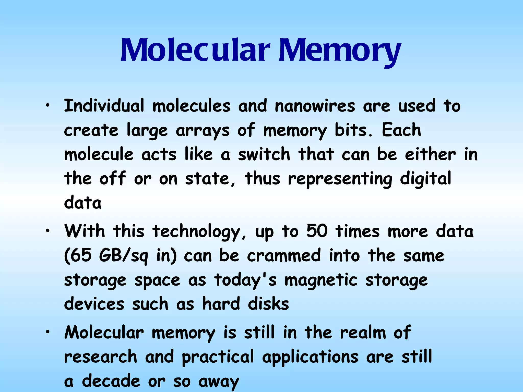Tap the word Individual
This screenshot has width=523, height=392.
coord(104,106)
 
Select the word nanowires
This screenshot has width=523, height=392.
coord(315,106)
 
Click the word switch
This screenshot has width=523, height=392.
coord(264,155)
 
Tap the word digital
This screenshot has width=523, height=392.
coord(425,179)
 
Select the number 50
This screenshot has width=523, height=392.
coord(317,231)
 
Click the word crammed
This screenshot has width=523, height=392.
coord(284,255)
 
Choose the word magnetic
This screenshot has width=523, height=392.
coord(321,280)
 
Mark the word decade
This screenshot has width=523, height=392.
coord(111,381)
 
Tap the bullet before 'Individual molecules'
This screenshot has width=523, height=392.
coord(47,106)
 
